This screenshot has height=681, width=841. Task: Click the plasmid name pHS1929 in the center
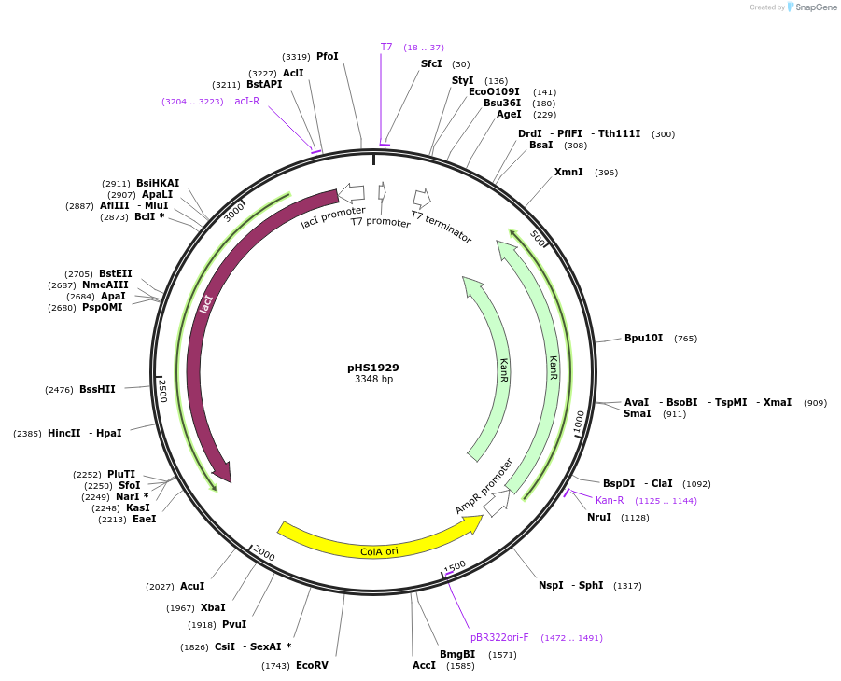[x=373, y=368]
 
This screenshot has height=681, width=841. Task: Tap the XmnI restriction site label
[x=568, y=173]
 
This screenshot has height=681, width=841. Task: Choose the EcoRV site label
[x=312, y=665]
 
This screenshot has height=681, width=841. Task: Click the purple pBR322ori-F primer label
[x=499, y=638]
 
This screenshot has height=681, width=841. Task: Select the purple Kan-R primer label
[x=610, y=501]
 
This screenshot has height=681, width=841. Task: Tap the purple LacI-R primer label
[x=245, y=102]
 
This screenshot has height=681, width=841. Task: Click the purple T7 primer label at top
[x=386, y=48]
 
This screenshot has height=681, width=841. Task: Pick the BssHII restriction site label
[x=97, y=389]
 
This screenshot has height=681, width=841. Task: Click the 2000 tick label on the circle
[x=264, y=555]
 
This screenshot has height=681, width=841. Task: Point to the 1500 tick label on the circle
[x=456, y=567]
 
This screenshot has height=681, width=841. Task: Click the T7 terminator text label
[x=442, y=227]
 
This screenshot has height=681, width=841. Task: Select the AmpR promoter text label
[x=484, y=485]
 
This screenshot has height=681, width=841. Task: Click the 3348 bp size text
[x=373, y=380]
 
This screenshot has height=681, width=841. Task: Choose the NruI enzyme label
[x=599, y=518]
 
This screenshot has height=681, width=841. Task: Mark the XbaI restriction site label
[x=212, y=608]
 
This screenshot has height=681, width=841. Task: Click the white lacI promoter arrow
[x=351, y=193]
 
